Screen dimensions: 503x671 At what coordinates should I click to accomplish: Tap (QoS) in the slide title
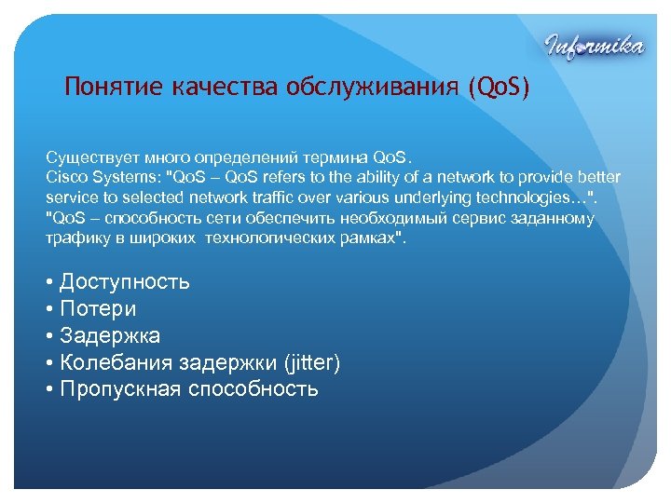tap(501, 88)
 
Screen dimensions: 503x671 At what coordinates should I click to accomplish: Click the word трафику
tap(75, 238)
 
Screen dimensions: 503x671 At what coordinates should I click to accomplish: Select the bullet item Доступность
tap(124, 281)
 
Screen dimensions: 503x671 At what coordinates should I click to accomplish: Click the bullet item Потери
tap(98, 308)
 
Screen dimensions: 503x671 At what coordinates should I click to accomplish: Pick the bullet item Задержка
tap(110, 335)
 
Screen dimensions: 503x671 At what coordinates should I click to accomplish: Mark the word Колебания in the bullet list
tap(116, 362)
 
